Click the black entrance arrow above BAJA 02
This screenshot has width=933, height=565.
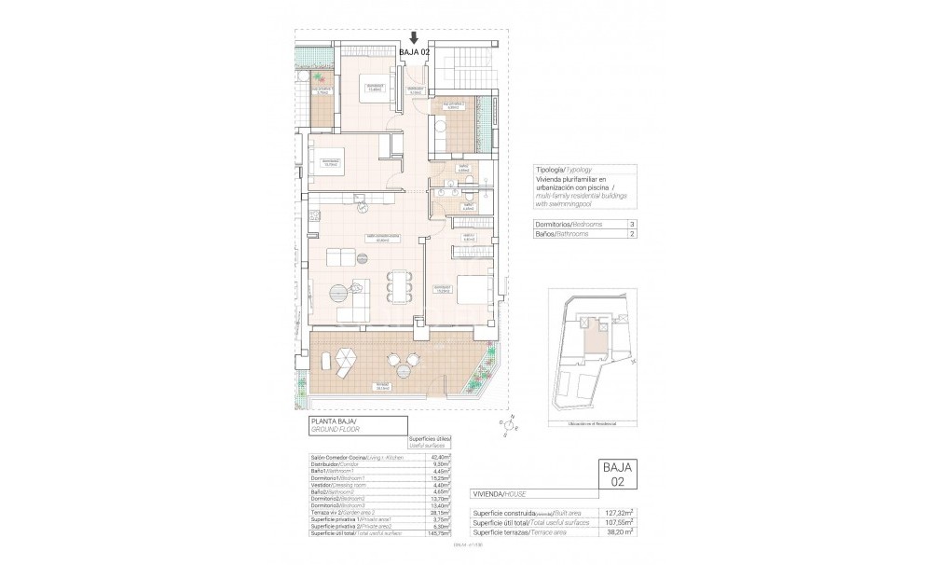(x=413, y=37)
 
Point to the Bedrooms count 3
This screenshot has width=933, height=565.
(x=633, y=225)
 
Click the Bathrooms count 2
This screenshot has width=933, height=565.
(x=633, y=237)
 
